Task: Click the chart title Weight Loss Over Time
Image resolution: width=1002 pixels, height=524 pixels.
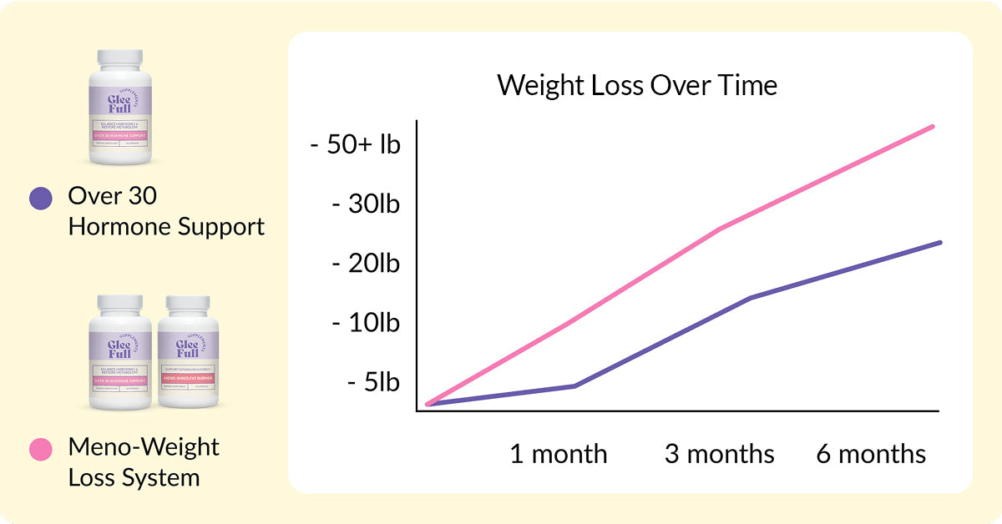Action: pos(637,86)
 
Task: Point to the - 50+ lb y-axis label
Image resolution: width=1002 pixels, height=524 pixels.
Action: pos(355,144)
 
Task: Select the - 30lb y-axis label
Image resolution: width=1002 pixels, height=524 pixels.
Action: pos(366,204)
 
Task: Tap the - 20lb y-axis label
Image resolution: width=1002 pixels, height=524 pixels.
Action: pos(366,264)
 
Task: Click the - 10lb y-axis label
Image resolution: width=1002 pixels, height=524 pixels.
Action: pos(366,323)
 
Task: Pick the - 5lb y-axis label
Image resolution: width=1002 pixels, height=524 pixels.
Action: pos(372,382)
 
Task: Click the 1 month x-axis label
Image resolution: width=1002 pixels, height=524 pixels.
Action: pos(559,455)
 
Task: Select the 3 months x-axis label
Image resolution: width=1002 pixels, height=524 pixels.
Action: pos(719,455)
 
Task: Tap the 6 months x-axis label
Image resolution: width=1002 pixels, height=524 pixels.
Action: pos(871,455)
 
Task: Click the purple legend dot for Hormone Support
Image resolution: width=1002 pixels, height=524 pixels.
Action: pos(40,198)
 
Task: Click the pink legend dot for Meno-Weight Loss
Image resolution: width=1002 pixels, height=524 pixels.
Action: pos(40,449)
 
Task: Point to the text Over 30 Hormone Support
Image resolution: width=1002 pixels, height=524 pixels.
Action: pos(165,211)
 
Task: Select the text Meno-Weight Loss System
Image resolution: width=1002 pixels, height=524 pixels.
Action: pos(143,462)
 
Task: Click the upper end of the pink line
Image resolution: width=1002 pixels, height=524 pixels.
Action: pos(933,127)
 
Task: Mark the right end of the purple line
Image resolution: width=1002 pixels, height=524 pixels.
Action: pos(940,243)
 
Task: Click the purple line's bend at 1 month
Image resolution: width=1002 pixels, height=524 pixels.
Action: pos(574,385)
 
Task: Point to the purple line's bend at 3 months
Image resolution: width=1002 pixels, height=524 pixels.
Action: pos(751,298)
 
